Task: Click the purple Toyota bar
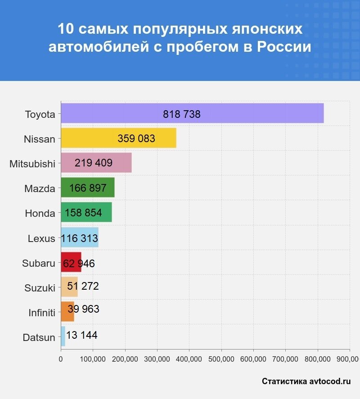[192, 113]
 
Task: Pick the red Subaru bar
[71, 262]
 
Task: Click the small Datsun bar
[63, 336]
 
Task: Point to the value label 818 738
[182, 114]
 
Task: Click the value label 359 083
[136, 139]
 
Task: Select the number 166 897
[88, 188]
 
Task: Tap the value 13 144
[81, 335]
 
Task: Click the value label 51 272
[83, 286]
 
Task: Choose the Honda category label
[40, 214]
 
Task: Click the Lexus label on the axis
[41, 238]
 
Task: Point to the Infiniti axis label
[41, 312]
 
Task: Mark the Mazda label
[40, 188]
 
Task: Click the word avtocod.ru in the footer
[330, 381]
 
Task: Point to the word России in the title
[284, 46]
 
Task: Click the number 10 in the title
[65, 29]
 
